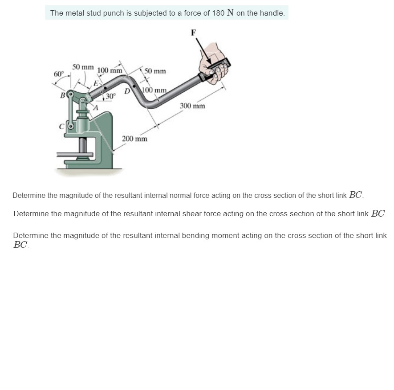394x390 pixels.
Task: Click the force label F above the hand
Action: coord(193,32)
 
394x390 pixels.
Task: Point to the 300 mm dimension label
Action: coord(192,106)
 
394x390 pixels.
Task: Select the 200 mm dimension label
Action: coord(134,139)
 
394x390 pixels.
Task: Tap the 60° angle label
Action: coord(59,74)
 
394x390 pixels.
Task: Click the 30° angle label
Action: coord(110,96)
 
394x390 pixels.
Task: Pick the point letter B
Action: coord(62,95)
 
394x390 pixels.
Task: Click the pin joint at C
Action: coord(69,126)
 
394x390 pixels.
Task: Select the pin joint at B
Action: coord(69,94)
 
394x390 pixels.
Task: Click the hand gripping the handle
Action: coord(214,62)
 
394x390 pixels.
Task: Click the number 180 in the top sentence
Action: coord(218,13)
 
